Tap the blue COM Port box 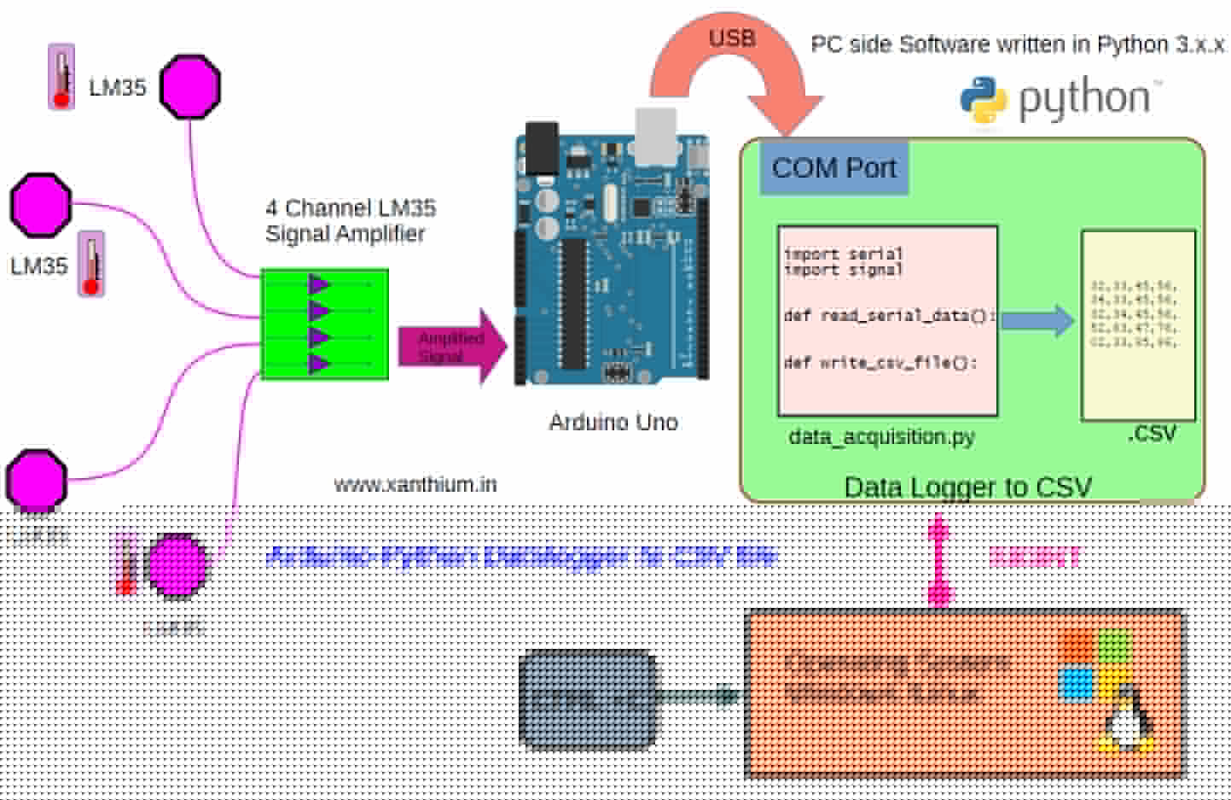click(x=833, y=168)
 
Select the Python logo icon click(x=984, y=100)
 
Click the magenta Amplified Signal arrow click(x=453, y=347)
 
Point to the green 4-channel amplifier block click(x=324, y=324)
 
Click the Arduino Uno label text click(x=613, y=422)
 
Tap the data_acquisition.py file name click(x=881, y=437)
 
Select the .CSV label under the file click(x=1152, y=434)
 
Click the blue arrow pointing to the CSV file click(x=1037, y=320)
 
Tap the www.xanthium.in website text click(x=415, y=485)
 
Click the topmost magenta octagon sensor click(x=190, y=86)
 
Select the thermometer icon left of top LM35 click(x=61, y=77)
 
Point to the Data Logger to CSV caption click(x=967, y=487)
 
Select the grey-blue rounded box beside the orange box click(x=589, y=697)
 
